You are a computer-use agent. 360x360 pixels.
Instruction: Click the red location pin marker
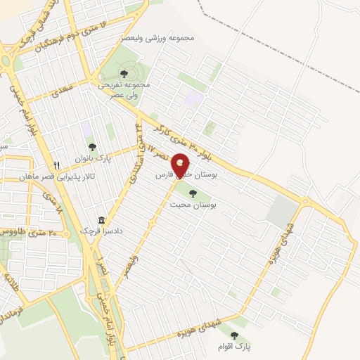(x=181, y=166)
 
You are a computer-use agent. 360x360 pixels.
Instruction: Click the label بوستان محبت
(x=193, y=205)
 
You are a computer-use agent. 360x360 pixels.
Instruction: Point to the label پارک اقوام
(x=233, y=347)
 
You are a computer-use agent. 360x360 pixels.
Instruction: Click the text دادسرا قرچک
(x=102, y=231)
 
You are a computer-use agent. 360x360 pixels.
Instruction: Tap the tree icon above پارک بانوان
(x=92, y=146)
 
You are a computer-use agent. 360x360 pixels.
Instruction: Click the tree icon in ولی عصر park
(x=124, y=72)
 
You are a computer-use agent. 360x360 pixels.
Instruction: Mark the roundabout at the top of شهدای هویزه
(x=305, y=202)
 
